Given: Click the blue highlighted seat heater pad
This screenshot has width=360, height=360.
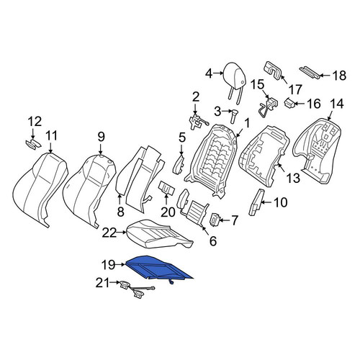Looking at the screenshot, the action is click(x=158, y=268).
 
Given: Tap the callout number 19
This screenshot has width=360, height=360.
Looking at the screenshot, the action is click(x=109, y=265).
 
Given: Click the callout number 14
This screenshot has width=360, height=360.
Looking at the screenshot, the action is click(x=336, y=104).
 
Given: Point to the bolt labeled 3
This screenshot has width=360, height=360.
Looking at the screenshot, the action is click(x=234, y=116).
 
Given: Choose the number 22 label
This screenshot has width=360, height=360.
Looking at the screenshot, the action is click(x=109, y=233).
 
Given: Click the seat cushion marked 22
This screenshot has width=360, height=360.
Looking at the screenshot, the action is click(x=159, y=234).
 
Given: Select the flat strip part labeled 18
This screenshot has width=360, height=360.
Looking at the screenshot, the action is click(x=310, y=73).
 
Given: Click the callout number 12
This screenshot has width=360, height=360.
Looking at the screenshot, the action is click(x=35, y=122).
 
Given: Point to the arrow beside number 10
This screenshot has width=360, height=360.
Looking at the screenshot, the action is click(x=267, y=202).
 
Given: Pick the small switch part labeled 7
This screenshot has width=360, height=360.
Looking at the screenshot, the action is click(x=215, y=220).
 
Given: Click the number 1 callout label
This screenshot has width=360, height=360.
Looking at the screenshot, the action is click(x=247, y=123).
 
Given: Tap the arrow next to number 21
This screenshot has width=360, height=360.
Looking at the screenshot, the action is click(x=114, y=283).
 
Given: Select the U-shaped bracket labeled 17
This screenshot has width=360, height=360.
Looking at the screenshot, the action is click(x=274, y=71).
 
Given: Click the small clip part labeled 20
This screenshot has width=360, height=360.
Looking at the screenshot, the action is click(x=166, y=187).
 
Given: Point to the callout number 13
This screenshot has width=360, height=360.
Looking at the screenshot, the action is click(x=292, y=179).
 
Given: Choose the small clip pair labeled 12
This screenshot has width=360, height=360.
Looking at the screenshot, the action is click(x=34, y=144).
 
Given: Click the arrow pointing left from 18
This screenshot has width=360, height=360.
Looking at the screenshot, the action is click(x=325, y=76).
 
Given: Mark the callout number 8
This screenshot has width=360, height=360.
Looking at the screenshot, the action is click(x=120, y=212).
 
